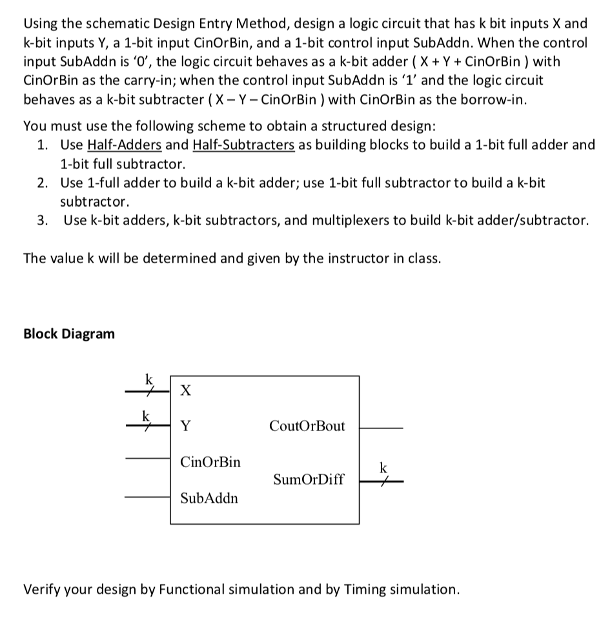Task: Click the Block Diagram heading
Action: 69,334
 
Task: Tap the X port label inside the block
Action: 185,390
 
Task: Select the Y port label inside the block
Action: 185,425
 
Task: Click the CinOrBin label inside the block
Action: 210,461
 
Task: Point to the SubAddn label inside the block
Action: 209,498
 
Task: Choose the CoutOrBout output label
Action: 307,426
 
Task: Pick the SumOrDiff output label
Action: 309,479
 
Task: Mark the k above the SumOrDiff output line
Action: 383,467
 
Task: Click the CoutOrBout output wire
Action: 381,427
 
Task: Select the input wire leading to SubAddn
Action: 147,498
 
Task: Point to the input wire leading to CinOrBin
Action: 147,459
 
